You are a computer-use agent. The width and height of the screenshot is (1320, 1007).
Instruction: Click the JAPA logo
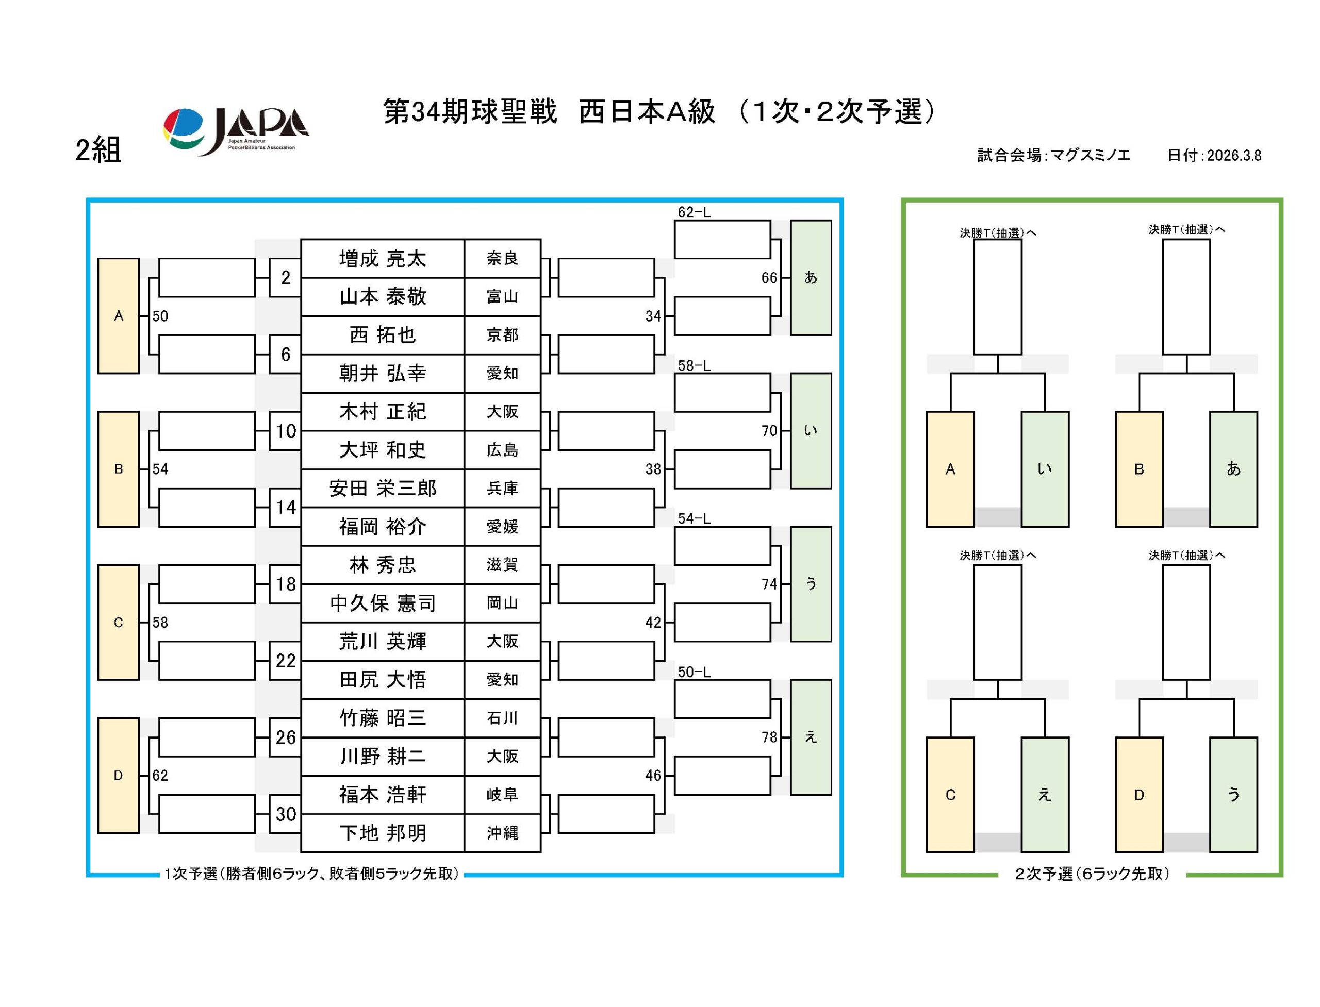pyautogui.click(x=235, y=131)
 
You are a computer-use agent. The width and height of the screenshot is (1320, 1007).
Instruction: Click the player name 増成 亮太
pyautogui.click(x=382, y=258)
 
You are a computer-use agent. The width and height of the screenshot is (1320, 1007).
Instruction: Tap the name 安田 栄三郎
pyautogui.click(x=382, y=488)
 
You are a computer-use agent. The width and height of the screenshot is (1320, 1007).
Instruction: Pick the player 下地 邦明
pyautogui.click(x=382, y=833)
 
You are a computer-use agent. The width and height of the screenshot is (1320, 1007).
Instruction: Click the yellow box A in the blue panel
pyautogui.click(x=118, y=316)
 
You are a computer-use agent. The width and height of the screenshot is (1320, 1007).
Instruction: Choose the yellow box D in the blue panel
pyautogui.click(x=118, y=775)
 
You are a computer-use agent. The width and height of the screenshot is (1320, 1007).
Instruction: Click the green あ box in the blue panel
pyautogui.click(x=810, y=278)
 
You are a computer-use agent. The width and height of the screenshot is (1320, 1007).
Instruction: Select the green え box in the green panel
pyautogui.click(x=1044, y=794)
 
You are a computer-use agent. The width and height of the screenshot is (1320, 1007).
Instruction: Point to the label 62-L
pyautogui.click(x=694, y=212)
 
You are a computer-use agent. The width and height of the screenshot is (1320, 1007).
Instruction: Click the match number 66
pyautogui.click(x=768, y=278)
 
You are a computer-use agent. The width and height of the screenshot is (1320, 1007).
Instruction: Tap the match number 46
pyautogui.click(x=652, y=775)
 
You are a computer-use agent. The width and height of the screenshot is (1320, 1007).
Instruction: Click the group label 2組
pyautogui.click(x=98, y=150)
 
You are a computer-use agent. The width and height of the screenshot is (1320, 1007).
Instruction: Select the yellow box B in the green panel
pyautogui.click(x=1138, y=469)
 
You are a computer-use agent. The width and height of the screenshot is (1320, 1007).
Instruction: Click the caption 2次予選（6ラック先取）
pyautogui.click(x=1092, y=874)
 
